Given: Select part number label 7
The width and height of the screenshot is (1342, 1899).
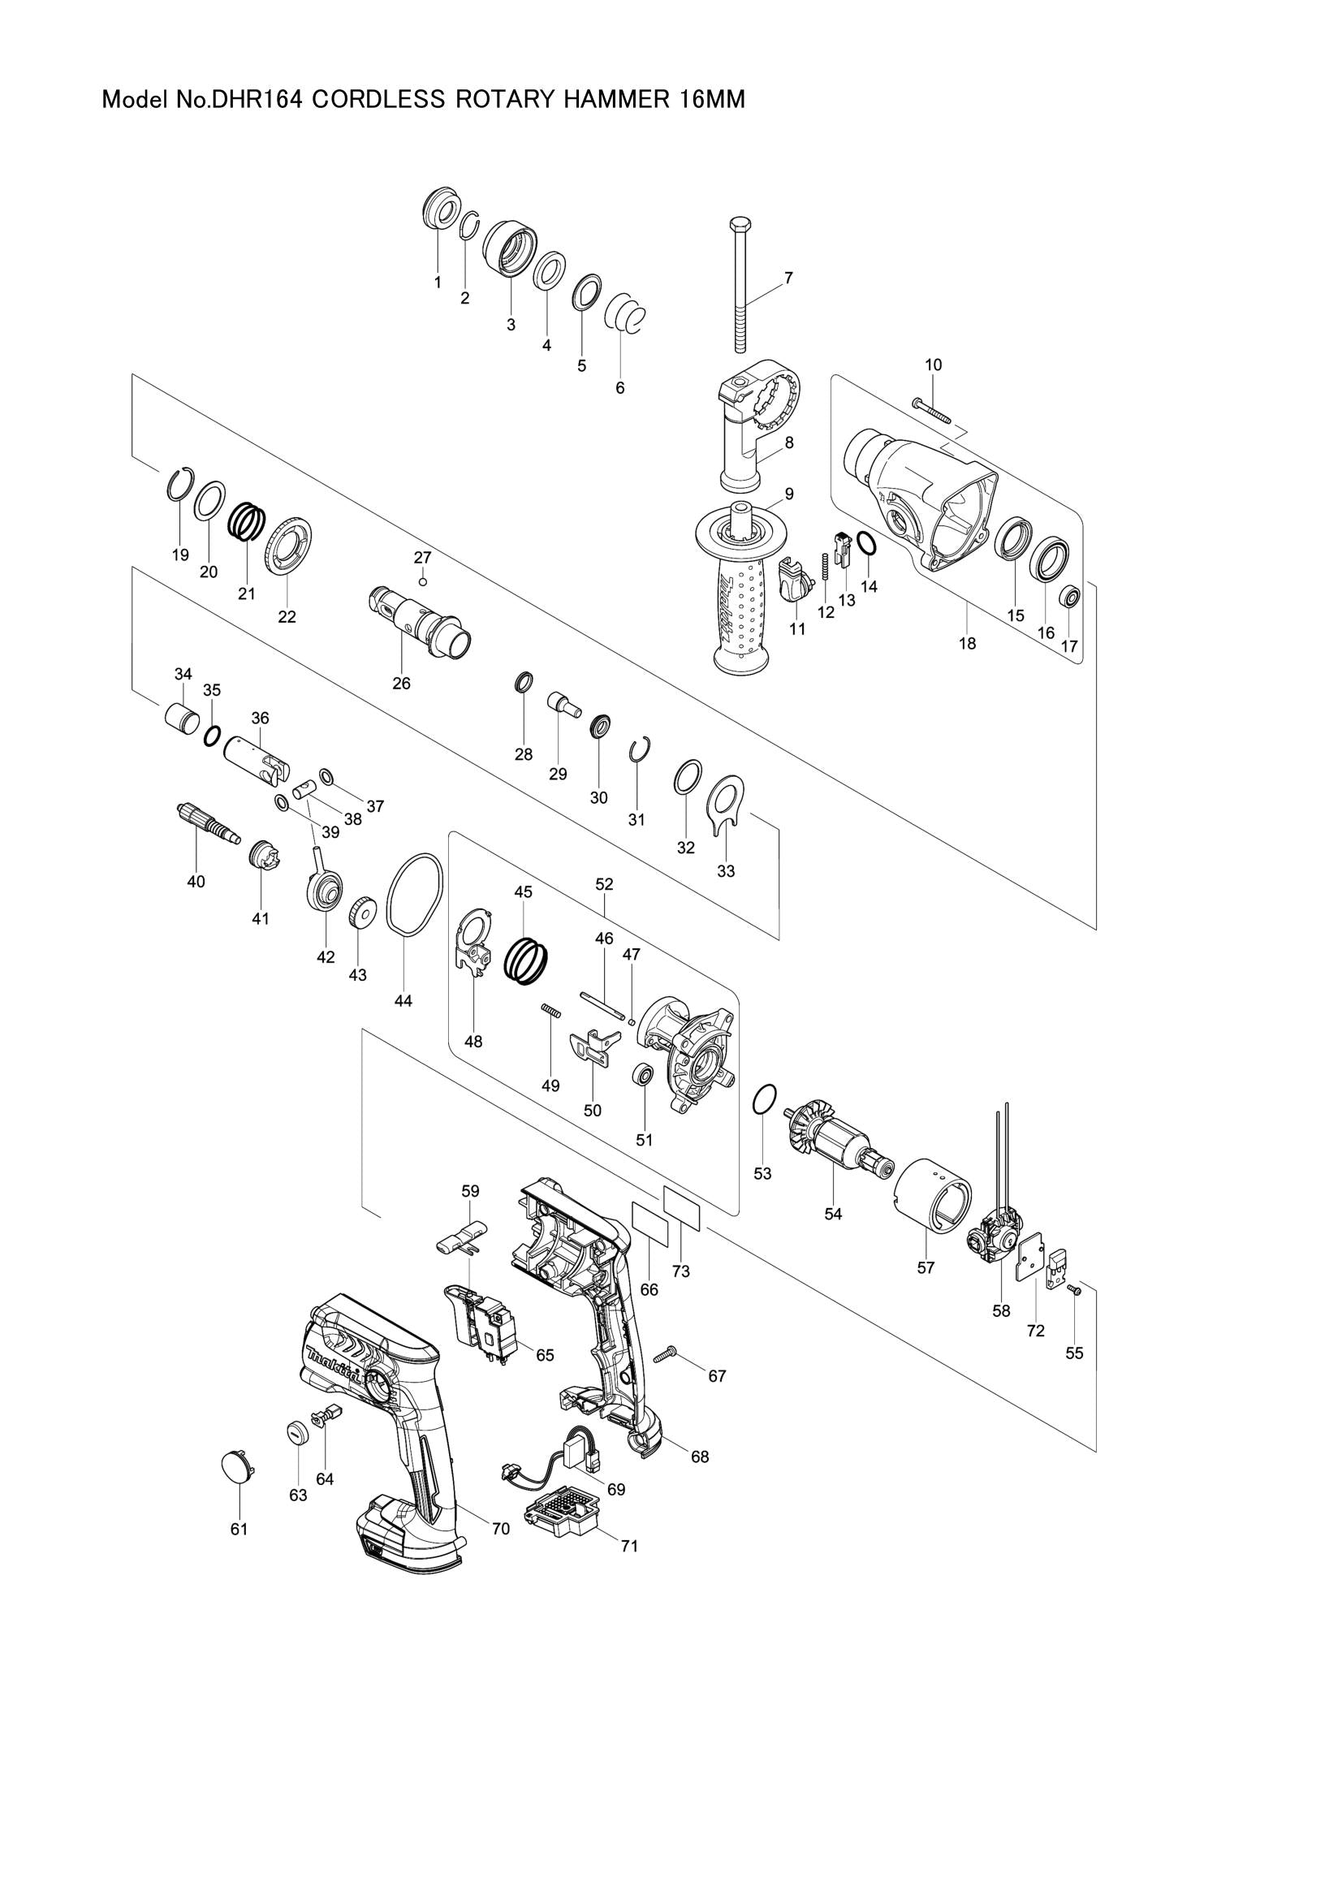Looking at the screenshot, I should [x=788, y=278].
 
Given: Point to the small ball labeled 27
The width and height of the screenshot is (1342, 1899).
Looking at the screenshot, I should [x=422, y=580].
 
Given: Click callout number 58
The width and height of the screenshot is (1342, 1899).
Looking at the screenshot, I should [x=1000, y=1311].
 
